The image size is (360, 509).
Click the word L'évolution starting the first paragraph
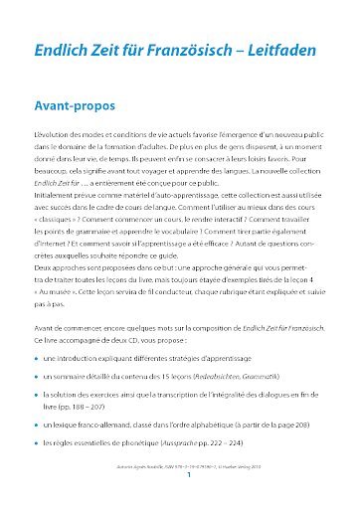click(55, 133)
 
